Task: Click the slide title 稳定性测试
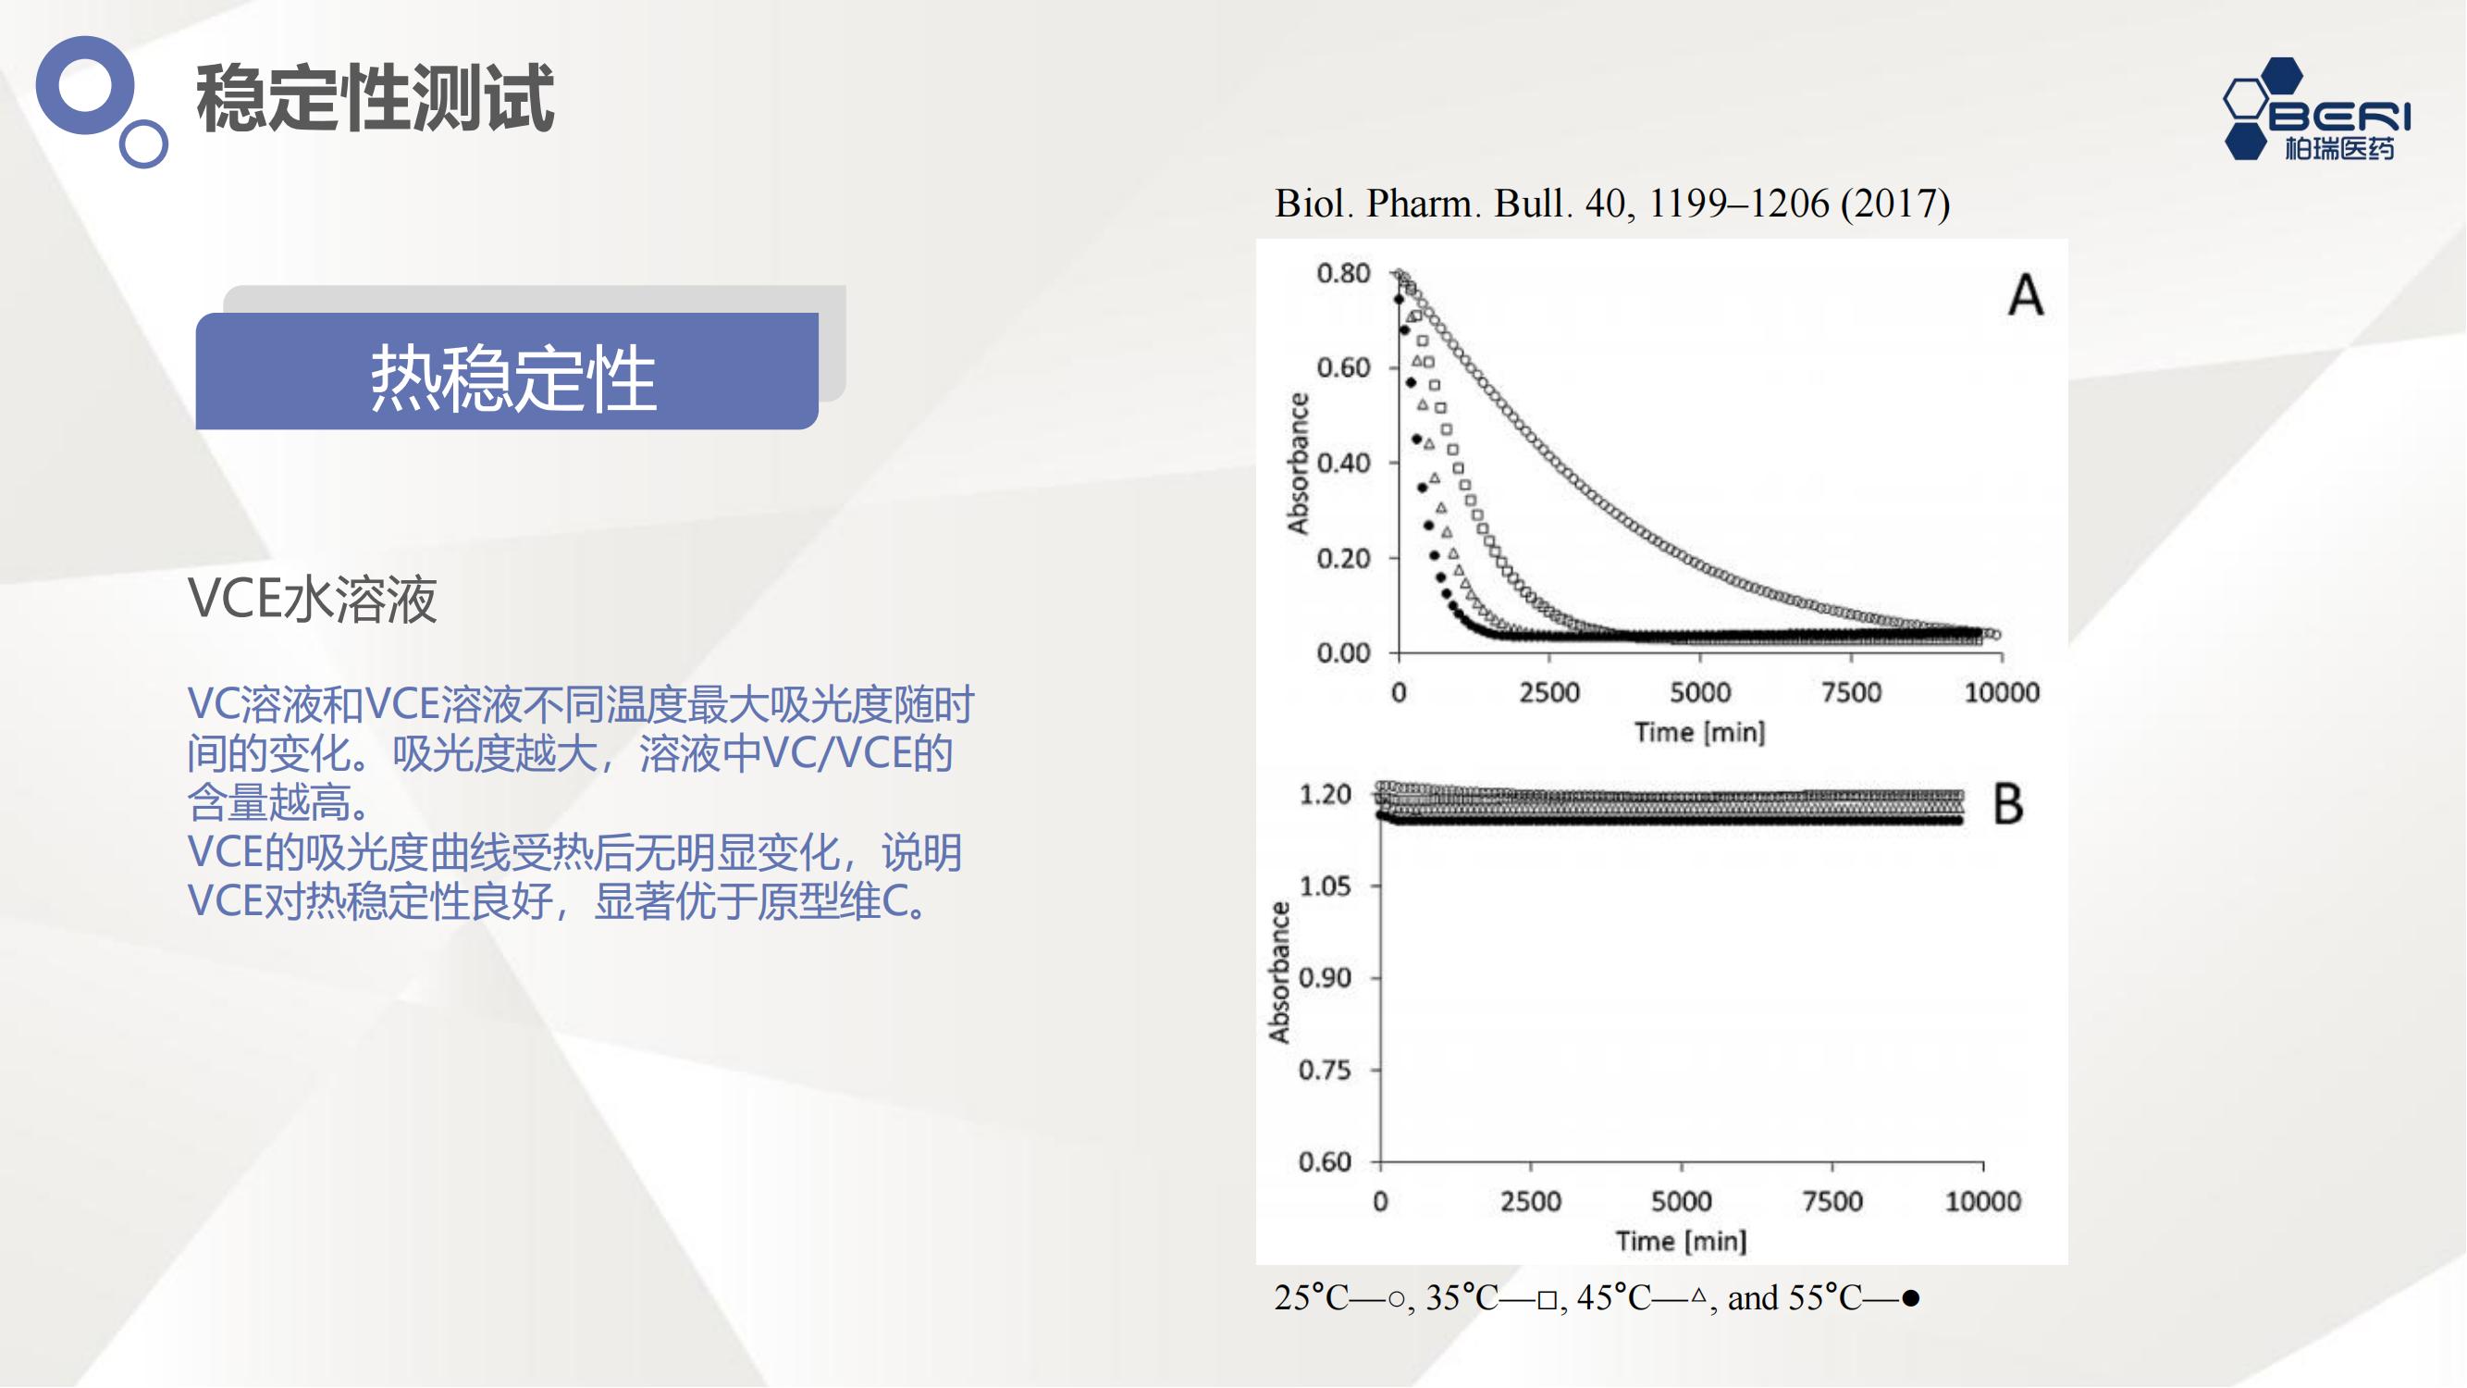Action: [375, 98]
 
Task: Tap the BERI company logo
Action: [2315, 109]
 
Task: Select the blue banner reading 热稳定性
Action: [507, 371]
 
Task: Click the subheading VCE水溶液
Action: [313, 600]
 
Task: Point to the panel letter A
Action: [2026, 295]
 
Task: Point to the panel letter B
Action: [2008, 804]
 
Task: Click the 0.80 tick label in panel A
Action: [1343, 274]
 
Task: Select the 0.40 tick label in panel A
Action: [1343, 464]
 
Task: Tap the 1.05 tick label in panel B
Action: [1325, 886]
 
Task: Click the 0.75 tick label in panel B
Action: [1325, 1070]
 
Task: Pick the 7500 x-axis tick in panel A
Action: [1851, 692]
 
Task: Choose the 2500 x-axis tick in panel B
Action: [1530, 1201]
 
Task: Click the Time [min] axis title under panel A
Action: [1700, 733]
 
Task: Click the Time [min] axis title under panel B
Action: [1681, 1242]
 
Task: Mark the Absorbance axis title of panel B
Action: [1279, 973]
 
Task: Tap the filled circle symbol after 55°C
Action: [1910, 1299]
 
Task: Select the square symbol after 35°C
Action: [1547, 1301]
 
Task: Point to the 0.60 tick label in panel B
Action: [1325, 1162]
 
